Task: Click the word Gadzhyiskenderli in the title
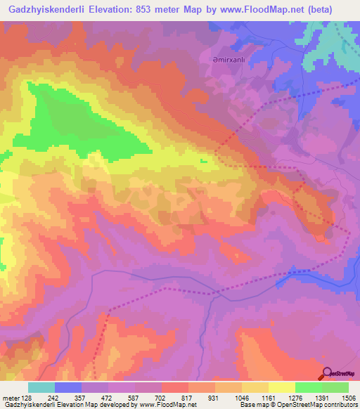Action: coord(44,9)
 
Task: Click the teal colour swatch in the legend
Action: coord(41,387)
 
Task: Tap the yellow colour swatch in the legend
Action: coord(281,387)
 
